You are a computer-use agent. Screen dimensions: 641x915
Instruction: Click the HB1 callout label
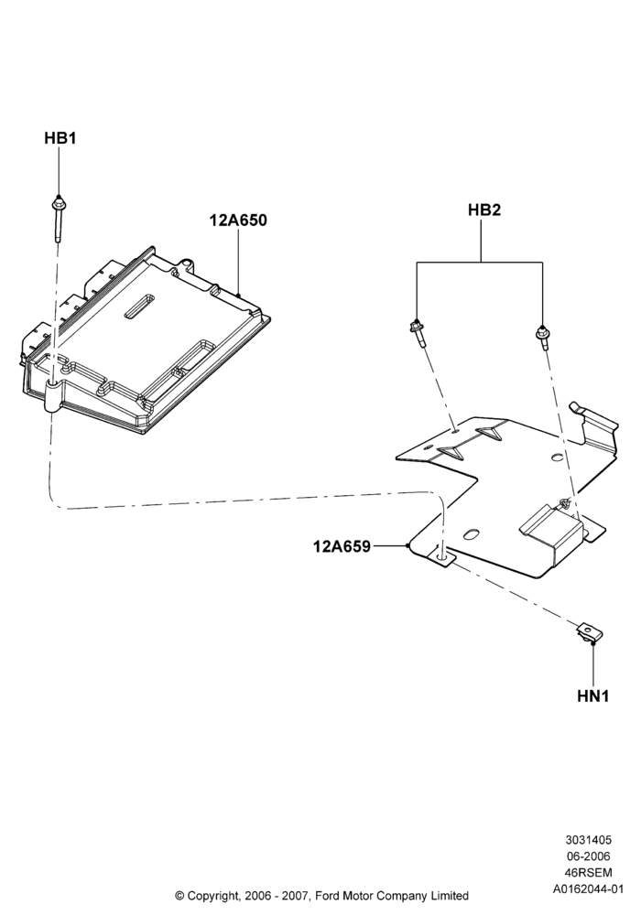tap(60, 138)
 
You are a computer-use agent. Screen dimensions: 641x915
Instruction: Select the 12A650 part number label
tap(238, 220)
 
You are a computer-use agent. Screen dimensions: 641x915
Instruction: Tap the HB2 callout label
tap(484, 210)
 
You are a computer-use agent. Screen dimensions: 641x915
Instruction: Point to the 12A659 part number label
tap(342, 546)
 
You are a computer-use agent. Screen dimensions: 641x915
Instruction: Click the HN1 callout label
tap(593, 695)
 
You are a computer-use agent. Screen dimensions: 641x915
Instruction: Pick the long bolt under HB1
tap(59, 219)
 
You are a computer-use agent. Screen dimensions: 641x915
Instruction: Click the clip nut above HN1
tap(589, 633)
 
